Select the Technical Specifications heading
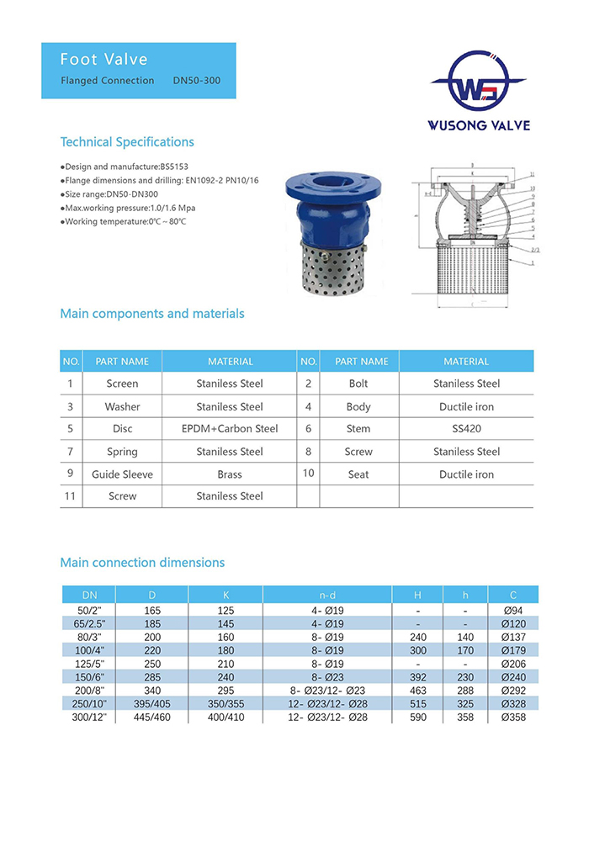coord(127,142)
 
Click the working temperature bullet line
coord(123,221)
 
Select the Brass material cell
coord(229,474)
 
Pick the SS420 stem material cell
coord(466,429)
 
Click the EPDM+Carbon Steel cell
coord(230,429)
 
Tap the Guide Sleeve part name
coord(122,474)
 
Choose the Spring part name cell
coord(122,452)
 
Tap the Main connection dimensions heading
coord(142,563)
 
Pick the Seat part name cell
coord(358,474)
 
